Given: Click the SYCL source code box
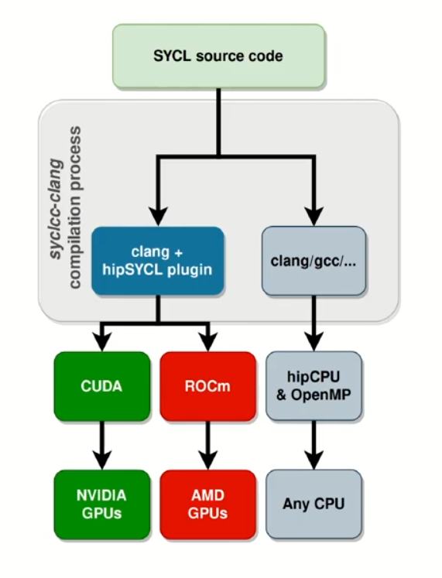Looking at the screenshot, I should coord(219,56).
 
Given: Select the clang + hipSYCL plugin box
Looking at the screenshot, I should coord(157,261).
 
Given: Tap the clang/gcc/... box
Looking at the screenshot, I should coord(314,261).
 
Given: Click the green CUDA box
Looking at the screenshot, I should coord(101,386).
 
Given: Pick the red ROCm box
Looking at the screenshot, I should coord(207,386).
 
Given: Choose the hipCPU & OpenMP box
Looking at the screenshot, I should coord(314,386).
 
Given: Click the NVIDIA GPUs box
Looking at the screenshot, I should coord(101,504).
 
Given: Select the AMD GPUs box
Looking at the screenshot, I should coord(207,504).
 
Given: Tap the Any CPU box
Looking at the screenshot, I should coord(314,504).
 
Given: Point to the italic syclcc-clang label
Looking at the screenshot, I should coord(56,193).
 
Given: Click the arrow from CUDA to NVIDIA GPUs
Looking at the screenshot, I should coord(101,445).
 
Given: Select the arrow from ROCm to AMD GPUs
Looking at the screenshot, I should coord(207,445).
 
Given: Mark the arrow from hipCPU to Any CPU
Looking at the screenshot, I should coord(314,445).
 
